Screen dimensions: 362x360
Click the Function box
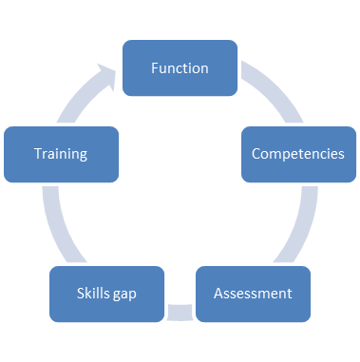(x=180, y=68)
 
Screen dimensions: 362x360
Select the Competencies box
(x=297, y=152)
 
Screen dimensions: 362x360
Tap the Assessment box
(x=253, y=293)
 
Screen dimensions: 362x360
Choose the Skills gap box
(x=106, y=293)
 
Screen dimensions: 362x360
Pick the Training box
(x=61, y=152)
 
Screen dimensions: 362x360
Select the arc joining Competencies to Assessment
(x=289, y=228)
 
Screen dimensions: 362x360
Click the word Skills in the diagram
(x=92, y=293)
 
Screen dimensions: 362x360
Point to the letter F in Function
(x=155, y=68)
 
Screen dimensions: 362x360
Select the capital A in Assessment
(x=218, y=293)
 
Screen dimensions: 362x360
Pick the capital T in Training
(x=37, y=152)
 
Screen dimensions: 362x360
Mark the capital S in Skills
(x=80, y=293)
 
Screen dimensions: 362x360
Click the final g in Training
(x=84, y=154)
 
